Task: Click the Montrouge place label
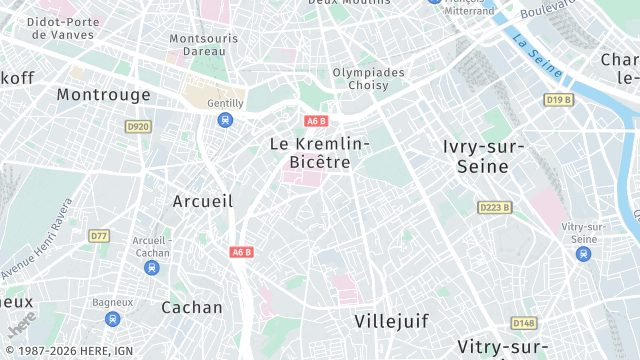coord(103,94)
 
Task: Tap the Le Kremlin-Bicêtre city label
coord(320,153)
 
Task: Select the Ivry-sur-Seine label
coord(483,156)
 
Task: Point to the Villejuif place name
coord(391,321)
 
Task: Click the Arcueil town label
coord(203,201)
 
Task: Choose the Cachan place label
coord(192,307)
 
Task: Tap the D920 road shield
coord(138,126)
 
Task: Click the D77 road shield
coord(98,236)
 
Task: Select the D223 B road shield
coord(494,207)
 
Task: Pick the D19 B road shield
coord(558,100)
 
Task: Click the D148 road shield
coord(523,323)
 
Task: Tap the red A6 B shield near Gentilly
coord(317,121)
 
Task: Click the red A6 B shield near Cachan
coord(242,252)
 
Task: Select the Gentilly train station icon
coord(225,120)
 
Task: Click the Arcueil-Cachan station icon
coord(151,267)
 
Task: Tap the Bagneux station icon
coord(113,319)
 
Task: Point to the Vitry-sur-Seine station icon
coord(584,254)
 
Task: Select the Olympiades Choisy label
coord(369,79)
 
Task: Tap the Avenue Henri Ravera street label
coord(37,239)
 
